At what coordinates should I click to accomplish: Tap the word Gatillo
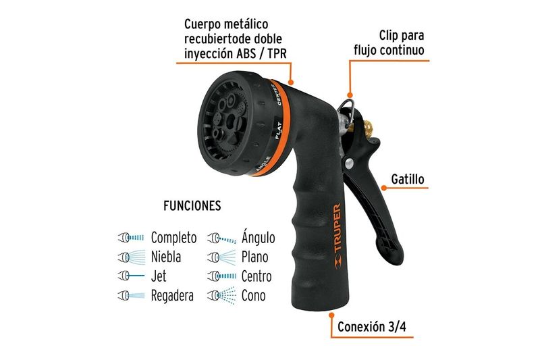pos(408,179)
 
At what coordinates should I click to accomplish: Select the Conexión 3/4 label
pos(372,327)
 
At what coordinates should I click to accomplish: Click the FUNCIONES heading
pos(192,205)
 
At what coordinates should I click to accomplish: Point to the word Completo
pos(174,238)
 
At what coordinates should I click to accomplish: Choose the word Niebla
pos(166,257)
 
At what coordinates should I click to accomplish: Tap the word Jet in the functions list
pos(159,276)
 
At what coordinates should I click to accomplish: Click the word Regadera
pos(172,296)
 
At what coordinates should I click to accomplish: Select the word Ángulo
pos(259,237)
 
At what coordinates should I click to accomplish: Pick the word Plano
pos(255,257)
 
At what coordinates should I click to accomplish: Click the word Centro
pos(256,276)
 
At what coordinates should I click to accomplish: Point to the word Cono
pos(254,296)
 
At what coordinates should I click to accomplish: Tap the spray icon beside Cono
pos(222,296)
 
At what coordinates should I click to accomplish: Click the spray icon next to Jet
pos(131,276)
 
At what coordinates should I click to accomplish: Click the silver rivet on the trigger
pos(350,163)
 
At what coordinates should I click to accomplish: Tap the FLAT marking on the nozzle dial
pos(278,130)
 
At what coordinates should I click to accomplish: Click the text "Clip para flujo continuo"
pos(389,43)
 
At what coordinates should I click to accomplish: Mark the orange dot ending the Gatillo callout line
pos(384,188)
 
